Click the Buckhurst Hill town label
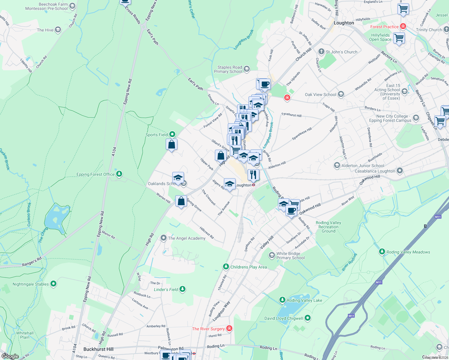[98, 349]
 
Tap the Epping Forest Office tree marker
[119, 174]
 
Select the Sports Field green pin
[172, 134]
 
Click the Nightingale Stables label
[31, 284]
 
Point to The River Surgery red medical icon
[229, 328]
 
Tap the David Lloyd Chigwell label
[284, 318]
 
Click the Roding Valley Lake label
[304, 300]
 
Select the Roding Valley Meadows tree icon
[382, 252]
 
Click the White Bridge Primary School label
[291, 256]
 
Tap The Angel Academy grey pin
[164, 238]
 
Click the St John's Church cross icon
[321, 52]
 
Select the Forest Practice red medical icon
[403, 26]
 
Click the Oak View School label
[321, 94]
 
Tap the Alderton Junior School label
[363, 166]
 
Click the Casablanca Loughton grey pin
[399, 171]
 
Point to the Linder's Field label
[166, 289]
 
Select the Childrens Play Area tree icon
[226, 267]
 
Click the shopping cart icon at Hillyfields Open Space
[399, 38]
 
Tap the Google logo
[10, 356]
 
